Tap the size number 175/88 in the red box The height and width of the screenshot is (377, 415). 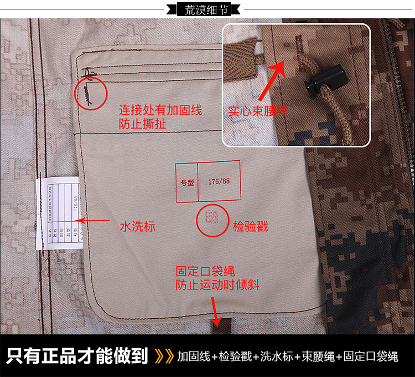219,182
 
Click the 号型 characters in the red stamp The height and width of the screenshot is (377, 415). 186,182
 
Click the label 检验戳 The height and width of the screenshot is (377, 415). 250,226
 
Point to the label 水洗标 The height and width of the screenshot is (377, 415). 138,227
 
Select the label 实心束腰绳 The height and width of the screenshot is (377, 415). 258,111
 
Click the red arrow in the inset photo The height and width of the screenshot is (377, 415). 274,80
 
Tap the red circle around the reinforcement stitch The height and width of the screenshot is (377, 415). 90,93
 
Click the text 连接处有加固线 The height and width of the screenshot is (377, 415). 160,110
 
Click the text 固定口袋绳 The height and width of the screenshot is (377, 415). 205,272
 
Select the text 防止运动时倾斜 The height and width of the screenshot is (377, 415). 217,285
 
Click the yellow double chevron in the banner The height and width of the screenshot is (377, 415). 164,355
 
